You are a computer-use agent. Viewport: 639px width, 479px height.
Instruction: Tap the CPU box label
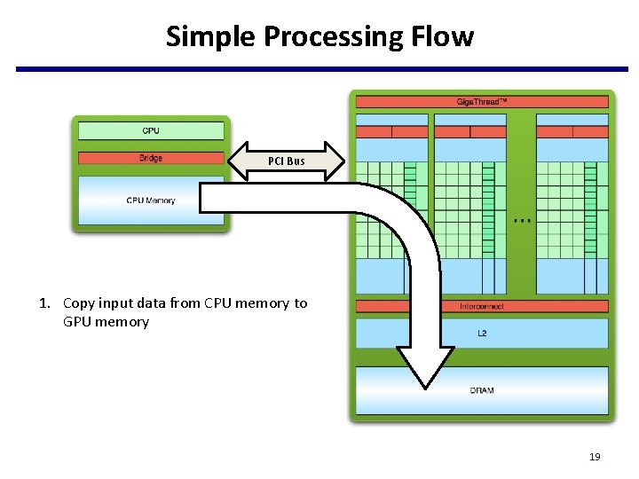tap(151, 131)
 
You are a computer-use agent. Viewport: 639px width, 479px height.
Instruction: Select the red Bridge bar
tap(151, 159)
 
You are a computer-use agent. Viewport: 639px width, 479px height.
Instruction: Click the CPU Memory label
tap(151, 200)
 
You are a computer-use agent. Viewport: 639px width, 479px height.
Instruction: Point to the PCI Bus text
tap(286, 161)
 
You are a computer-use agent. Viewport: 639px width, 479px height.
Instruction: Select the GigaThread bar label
tap(482, 102)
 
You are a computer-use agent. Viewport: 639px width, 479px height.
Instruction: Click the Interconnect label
tap(482, 306)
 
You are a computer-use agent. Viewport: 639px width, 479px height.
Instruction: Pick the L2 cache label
tap(482, 334)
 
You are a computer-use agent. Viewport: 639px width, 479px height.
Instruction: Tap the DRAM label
tap(482, 390)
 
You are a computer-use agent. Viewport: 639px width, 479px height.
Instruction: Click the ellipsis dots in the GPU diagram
tap(523, 220)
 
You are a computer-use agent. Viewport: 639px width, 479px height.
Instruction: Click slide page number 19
tap(595, 457)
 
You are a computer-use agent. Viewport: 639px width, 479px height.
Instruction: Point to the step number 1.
tap(43, 303)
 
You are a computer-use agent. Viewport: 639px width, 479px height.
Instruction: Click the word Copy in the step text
tap(78, 303)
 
